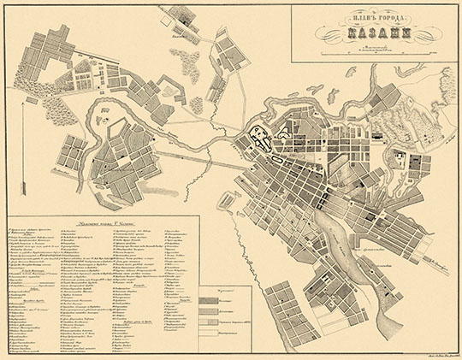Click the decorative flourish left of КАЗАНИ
329,34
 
